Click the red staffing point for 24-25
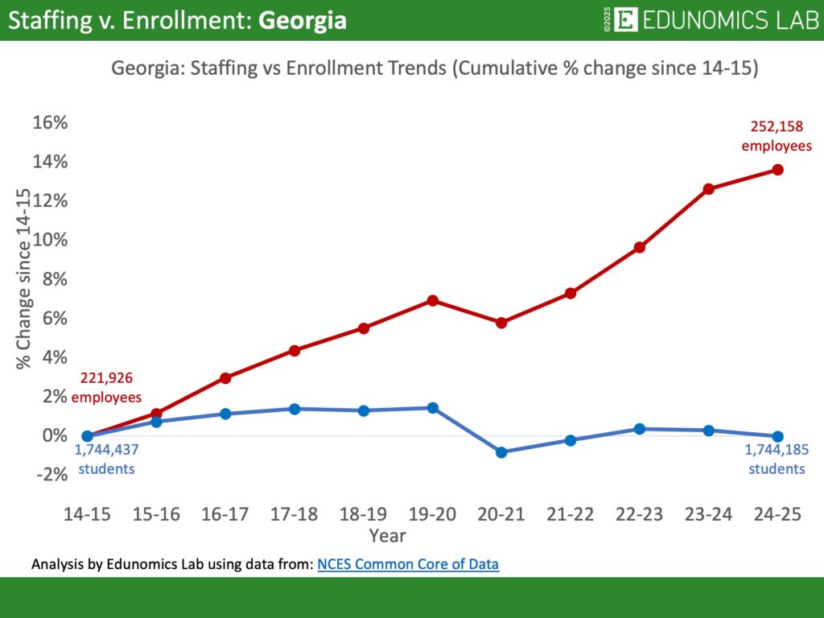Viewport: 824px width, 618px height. tap(777, 170)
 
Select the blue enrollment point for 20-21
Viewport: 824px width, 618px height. tap(501, 452)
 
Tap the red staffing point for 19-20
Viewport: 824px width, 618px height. tap(432, 300)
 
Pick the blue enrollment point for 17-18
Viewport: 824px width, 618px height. tap(295, 409)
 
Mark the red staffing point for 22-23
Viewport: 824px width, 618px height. tap(640, 247)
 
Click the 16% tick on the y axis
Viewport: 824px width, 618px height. tap(50, 123)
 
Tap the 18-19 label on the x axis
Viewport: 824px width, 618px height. tap(363, 515)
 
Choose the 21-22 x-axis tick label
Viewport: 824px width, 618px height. tap(571, 515)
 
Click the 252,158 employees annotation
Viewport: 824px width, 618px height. tap(777, 136)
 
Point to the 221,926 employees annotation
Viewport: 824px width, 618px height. tap(106, 387)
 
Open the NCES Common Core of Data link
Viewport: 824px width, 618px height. tap(408, 564)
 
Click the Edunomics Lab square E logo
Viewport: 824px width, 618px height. tap(625, 20)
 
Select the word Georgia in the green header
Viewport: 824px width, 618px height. tap(303, 21)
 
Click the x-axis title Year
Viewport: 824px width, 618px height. tap(387, 535)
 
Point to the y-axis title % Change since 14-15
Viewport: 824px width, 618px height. tap(24, 278)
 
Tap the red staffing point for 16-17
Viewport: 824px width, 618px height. tap(225, 377)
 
